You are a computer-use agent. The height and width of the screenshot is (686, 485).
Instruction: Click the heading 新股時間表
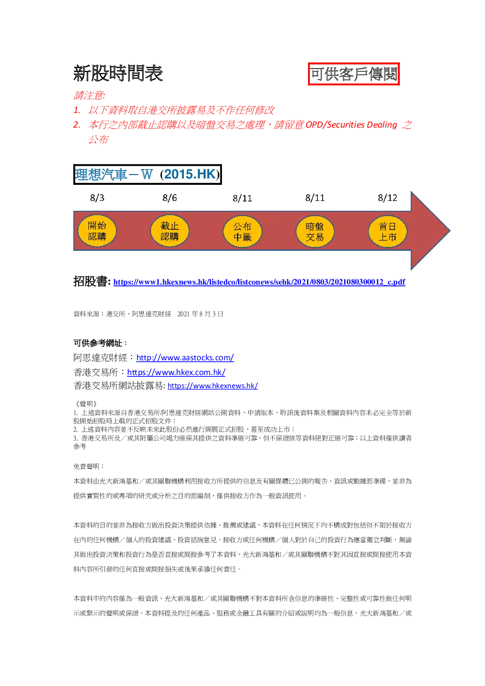118,74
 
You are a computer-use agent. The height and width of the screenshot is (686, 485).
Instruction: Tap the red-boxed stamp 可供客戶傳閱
353,74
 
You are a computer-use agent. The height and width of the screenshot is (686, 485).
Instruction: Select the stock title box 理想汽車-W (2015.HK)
147,174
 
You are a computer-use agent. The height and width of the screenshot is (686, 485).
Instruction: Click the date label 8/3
97,198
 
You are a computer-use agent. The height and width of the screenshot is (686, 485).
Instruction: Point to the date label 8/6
170,198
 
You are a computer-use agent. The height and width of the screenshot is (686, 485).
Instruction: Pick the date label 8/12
387,198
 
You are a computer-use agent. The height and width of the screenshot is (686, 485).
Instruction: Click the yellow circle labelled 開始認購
97,231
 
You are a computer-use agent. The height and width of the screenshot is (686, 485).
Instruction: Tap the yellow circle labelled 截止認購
170,231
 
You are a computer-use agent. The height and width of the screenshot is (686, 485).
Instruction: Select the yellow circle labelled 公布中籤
242,231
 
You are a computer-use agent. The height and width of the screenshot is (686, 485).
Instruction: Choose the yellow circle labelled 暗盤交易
315,231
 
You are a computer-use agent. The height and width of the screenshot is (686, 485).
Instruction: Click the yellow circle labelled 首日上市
387,231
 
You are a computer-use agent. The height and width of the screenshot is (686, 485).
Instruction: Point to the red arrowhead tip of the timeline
450,231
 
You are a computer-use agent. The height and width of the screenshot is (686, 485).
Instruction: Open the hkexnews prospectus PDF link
259,282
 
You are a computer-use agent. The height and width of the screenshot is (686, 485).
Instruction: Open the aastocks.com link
185,357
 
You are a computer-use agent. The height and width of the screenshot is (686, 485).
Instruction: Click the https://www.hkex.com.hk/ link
176,372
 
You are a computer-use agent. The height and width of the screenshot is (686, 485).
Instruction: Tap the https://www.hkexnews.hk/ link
213,386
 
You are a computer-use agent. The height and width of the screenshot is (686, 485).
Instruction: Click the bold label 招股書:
92,281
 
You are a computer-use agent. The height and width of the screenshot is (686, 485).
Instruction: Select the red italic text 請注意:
89,95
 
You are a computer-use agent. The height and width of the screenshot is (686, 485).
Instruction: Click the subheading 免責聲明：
89,466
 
